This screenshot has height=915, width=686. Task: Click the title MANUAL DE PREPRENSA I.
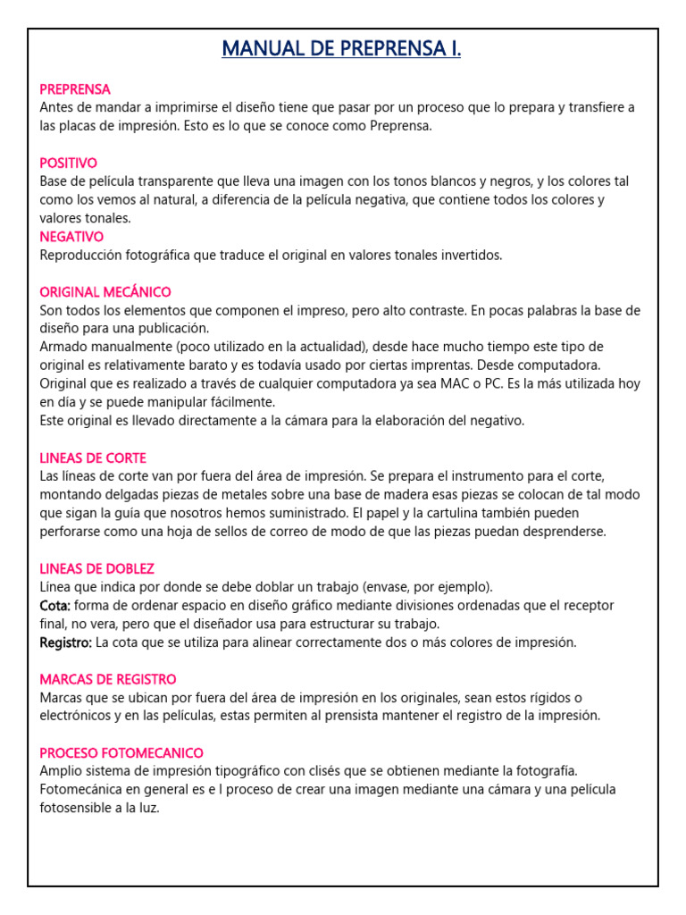tap(342, 48)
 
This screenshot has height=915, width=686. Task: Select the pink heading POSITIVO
tap(69, 163)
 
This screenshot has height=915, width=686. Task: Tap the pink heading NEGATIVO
tap(71, 237)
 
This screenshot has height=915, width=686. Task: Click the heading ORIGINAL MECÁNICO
tap(105, 292)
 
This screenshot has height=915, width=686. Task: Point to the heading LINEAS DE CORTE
tap(93, 458)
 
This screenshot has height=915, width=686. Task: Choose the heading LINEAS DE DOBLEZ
tap(97, 568)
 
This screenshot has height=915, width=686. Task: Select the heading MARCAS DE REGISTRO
tap(108, 679)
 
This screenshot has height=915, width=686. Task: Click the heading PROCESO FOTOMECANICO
tap(121, 753)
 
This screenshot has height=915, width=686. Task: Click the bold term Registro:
tap(66, 642)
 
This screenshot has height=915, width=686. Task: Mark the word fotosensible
tap(78, 808)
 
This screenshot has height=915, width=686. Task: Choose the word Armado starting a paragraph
tap(65, 347)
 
